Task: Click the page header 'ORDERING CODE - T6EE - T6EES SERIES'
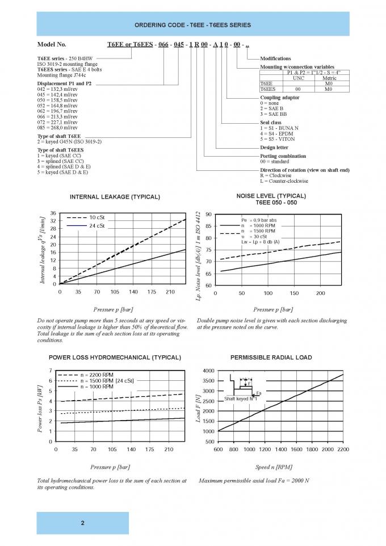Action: click(193, 26)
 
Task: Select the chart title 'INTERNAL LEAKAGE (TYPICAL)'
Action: click(115, 197)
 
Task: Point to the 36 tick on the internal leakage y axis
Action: click(53, 213)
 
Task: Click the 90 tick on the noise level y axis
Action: click(209, 215)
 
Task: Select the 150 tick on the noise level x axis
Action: click(294, 293)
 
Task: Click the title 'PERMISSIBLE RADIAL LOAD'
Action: click(271, 358)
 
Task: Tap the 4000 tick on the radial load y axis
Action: click(206, 371)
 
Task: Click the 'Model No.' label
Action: click(52, 44)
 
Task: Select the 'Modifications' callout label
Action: click(275, 58)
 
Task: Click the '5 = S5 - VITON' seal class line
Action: click(279, 139)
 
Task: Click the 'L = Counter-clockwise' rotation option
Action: click(284, 181)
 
